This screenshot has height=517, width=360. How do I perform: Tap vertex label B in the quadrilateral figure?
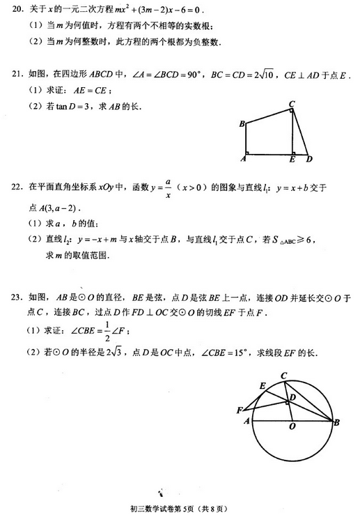(241, 125)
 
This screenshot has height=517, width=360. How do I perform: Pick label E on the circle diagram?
(263, 385)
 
